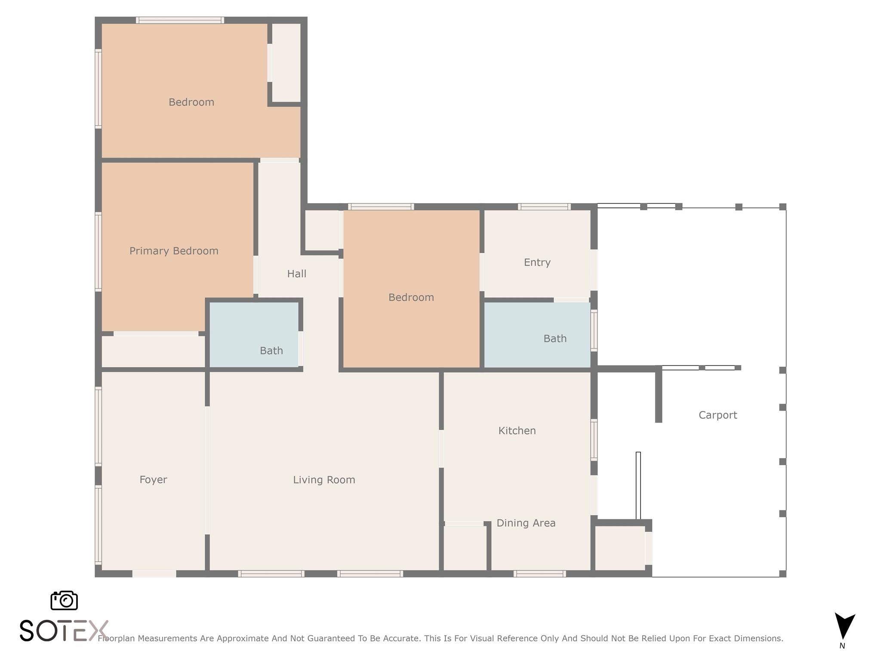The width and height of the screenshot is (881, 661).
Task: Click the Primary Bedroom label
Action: pos(174,251)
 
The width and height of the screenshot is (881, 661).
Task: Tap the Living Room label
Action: pos(324,480)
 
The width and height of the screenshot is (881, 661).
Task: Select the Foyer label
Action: pos(153,480)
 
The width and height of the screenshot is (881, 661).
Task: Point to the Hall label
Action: pos(297,274)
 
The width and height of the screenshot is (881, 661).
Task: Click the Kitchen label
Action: pos(517,431)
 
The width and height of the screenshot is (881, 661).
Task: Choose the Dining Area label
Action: pos(526,523)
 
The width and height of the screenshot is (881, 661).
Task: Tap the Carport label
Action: pos(718,415)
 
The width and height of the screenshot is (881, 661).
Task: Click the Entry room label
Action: pos(537,263)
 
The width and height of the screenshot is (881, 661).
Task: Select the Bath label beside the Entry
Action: pos(555,339)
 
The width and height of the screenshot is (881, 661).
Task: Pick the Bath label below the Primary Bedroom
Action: pos(271,351)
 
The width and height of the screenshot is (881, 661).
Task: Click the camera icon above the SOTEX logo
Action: pos(64,600)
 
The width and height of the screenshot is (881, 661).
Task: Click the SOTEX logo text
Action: pos(64,631)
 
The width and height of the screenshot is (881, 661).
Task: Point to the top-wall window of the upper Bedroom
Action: pos(180,20)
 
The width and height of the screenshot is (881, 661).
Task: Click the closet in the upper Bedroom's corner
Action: pos(286,62)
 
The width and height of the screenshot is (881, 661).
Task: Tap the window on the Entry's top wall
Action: pos(545,207)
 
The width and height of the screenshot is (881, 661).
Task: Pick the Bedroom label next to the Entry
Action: pos(411,297)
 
